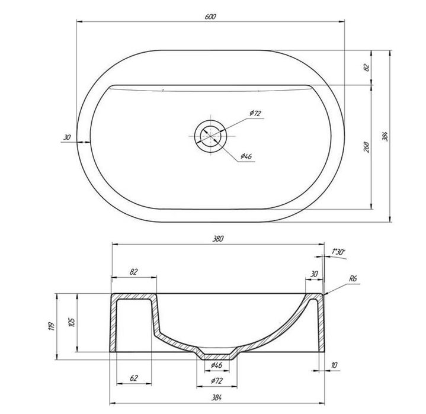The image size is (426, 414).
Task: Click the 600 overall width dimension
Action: tap(210, 17)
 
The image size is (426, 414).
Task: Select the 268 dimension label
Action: tap(367, 147)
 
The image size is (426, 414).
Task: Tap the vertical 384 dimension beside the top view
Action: tap(385, 136)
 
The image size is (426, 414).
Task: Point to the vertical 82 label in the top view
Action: tap(367, 67)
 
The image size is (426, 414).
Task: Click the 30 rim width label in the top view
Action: tap(67, 137)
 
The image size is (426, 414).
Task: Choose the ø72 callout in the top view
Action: tap(255, 113)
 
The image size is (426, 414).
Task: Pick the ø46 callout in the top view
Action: tap(246, 156)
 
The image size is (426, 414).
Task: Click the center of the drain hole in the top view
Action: tap(210, 136)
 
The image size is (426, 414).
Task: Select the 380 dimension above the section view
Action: tap(218, 239)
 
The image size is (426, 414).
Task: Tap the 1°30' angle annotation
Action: tap(338, 252)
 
